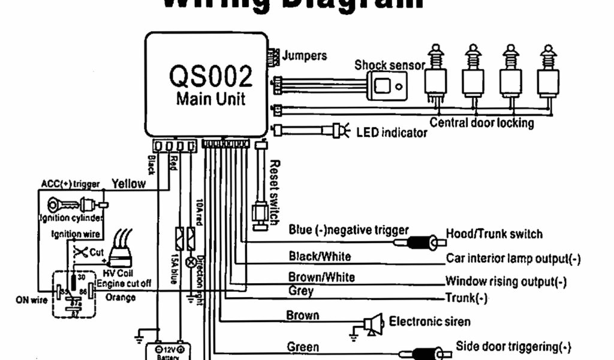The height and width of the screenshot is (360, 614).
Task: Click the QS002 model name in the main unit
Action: tap(210, 76)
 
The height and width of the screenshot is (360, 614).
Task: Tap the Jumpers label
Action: tap(305, 56)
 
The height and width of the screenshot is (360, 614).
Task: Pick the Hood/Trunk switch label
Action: tap(494, 234)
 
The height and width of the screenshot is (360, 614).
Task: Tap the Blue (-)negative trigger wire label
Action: tap(348, 230)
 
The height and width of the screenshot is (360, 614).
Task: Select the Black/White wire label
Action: tap(320, 256)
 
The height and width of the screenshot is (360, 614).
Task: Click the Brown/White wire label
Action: tap(321, 277)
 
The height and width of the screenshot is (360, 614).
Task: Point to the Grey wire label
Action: tap(301, 291)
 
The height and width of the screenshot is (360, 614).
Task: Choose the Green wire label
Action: tap(303, 347)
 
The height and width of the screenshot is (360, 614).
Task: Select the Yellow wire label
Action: tap(129, 184)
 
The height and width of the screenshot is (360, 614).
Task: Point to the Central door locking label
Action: tap(481, 123)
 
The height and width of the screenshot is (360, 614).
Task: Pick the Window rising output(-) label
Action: tap(505, 281)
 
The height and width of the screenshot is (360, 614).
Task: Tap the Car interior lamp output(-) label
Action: tap(513, 259)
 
